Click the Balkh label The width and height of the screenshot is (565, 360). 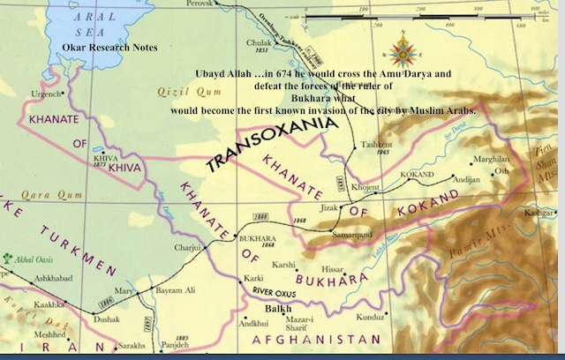coord(277,308)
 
